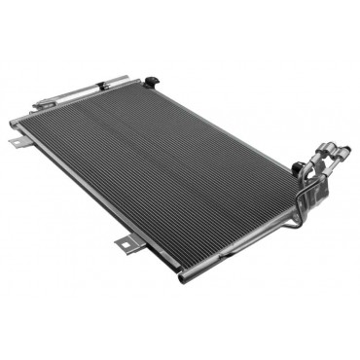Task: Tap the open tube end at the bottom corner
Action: coord(183,278)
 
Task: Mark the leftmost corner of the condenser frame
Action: coord(12,122)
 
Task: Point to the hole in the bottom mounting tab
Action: coord(125,245)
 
